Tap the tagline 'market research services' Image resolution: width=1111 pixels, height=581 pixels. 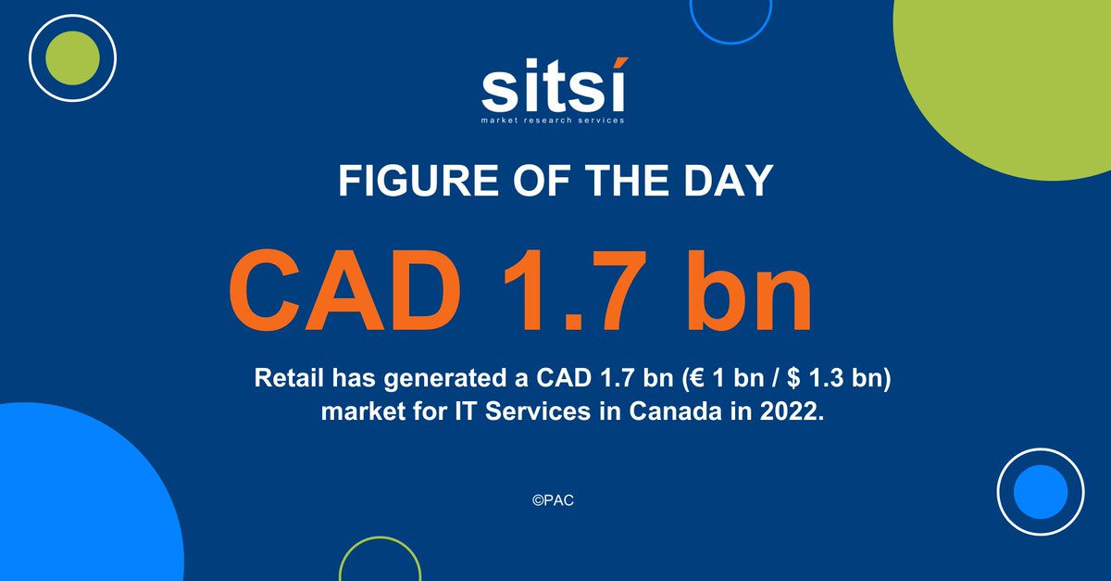[x=554, y=120]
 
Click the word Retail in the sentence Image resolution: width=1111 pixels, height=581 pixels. [x=285, y=380]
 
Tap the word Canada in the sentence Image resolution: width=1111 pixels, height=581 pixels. [x=670, y=411]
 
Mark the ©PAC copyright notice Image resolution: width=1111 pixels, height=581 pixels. [x=555, y=499]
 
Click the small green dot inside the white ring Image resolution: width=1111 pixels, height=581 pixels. [x=71, y=57]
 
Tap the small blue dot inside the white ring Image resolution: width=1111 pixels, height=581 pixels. [x=1041, y=491]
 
